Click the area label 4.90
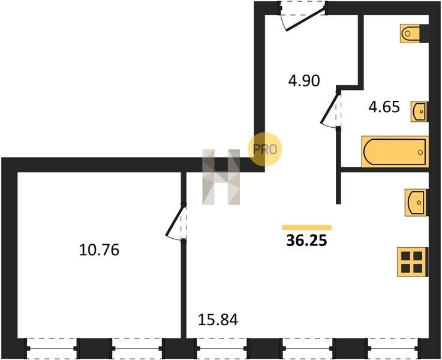302,80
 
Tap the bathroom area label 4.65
384,108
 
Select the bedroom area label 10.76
100,249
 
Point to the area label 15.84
218,320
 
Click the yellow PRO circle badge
264,148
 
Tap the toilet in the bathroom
412,33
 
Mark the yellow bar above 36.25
306,227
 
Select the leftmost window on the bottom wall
52,346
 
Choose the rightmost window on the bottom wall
393,346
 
